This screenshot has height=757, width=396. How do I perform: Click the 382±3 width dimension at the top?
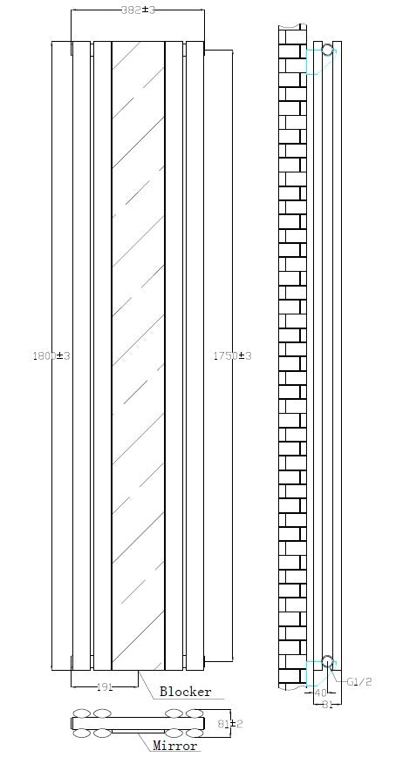click(138, 10)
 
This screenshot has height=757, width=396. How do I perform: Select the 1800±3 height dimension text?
click(50, 356)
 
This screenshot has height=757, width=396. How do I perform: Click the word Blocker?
click(185, 693)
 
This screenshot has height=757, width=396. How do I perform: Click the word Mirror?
click(175, 747)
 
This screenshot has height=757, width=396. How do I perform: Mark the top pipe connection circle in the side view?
click(327, 50)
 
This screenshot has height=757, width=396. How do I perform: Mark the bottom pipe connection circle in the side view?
click(327, 662)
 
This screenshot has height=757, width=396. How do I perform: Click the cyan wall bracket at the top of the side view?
click(312, 61)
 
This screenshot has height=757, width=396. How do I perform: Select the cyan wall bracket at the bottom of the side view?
click(312, 673)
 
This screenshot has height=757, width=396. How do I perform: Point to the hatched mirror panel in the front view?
click(138, 348)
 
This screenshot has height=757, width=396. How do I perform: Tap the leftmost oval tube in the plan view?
click(82, 713)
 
